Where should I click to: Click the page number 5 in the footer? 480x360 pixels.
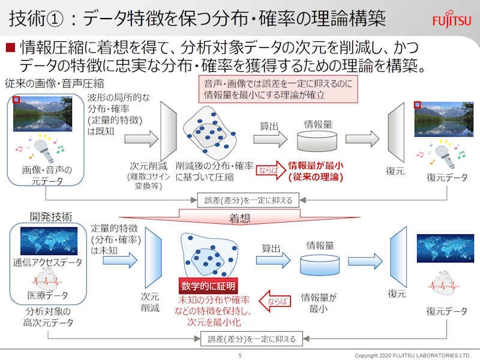coord(240,355)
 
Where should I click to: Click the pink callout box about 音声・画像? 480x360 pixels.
coord(278,89)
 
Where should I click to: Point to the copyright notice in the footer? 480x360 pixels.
coord(413,355)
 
